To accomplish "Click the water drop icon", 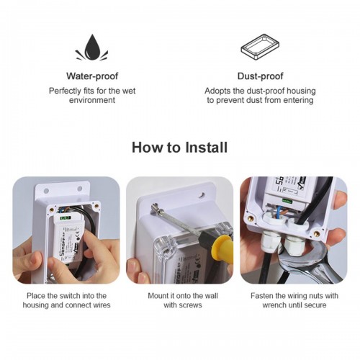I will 91,48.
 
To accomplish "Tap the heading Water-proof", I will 91,76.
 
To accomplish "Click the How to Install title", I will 179,148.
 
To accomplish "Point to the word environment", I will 91,101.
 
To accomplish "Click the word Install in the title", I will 205,148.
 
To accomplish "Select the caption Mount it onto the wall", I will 179,296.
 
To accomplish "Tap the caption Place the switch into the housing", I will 66,300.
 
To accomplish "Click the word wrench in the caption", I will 265,305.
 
